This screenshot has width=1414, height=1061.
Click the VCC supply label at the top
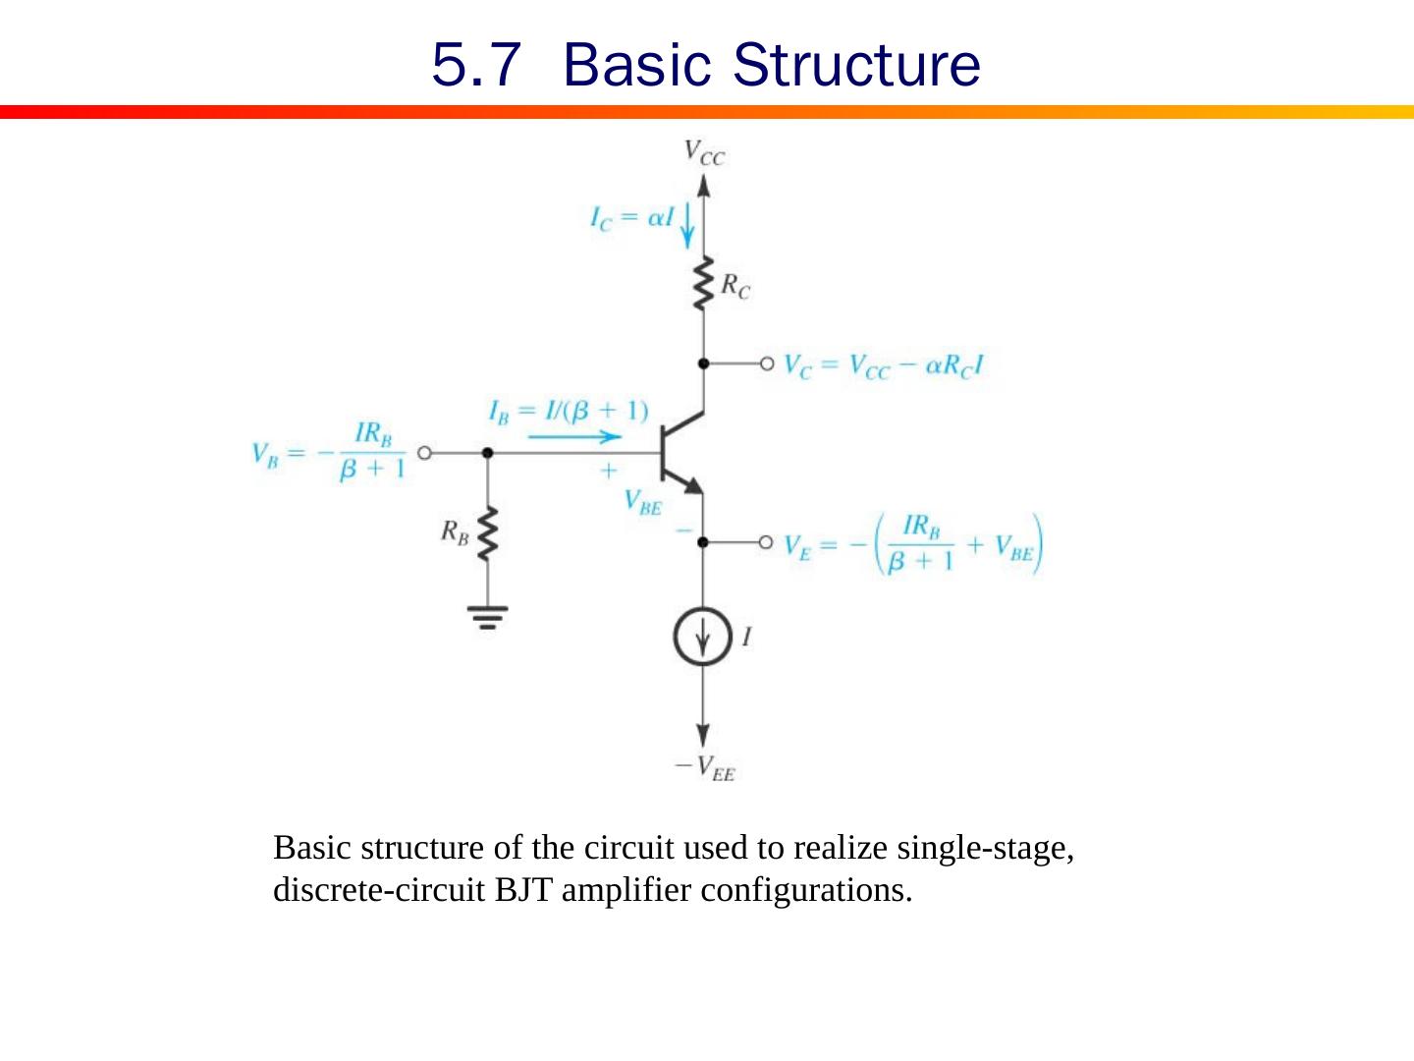click(x=704, y=152)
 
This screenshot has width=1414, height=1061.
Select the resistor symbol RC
click(x=703, y=285)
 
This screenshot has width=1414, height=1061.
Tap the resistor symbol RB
click(x=488, y=535)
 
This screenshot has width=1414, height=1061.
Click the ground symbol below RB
click(x=488, y=617)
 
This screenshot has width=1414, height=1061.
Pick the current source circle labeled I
click(x=703, y=637)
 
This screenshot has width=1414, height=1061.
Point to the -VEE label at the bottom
click(x=704, y=767)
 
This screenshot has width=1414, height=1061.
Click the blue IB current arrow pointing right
click(x=574, y=437)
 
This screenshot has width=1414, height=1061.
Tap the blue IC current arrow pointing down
click(x=687, y=224)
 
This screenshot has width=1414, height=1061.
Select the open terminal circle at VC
click(x=767, y=363)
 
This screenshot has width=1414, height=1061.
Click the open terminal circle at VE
click(x=767, y=541)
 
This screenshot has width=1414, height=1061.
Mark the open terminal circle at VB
click(x=424, y=453)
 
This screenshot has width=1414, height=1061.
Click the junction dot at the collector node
click(x=703, y=363)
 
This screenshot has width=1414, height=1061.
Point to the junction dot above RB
click(x=488, y=453)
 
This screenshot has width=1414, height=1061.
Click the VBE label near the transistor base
click(x=643, y=502)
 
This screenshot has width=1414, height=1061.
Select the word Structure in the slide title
click(x=856, y=65)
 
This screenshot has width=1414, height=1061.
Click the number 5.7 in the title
click(x=475, y=65)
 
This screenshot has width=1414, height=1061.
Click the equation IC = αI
click(x=631, y=218)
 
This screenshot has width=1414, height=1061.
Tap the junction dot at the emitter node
click(x=703, y=541)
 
